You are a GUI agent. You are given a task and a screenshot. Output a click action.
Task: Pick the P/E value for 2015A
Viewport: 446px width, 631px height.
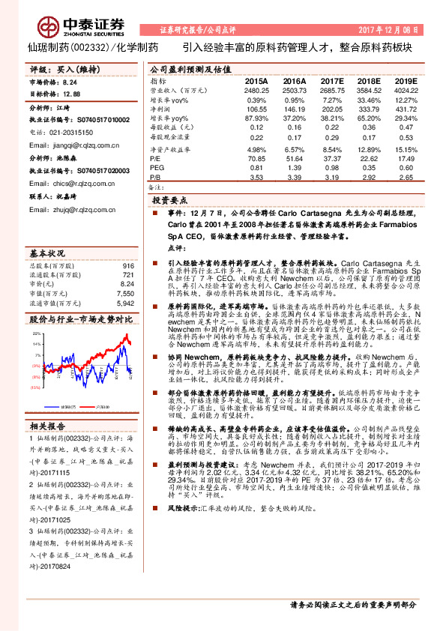pos(256,158)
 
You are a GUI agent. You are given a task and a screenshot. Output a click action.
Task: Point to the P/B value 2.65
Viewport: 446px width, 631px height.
pos(406,178)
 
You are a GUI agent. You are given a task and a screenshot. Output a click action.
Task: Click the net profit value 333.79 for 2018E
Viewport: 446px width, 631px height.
pos(368,109)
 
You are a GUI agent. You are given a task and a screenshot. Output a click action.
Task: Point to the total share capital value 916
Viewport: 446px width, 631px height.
pos(127,266)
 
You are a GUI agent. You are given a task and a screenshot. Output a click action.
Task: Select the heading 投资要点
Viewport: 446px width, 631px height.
pos(169,202)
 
